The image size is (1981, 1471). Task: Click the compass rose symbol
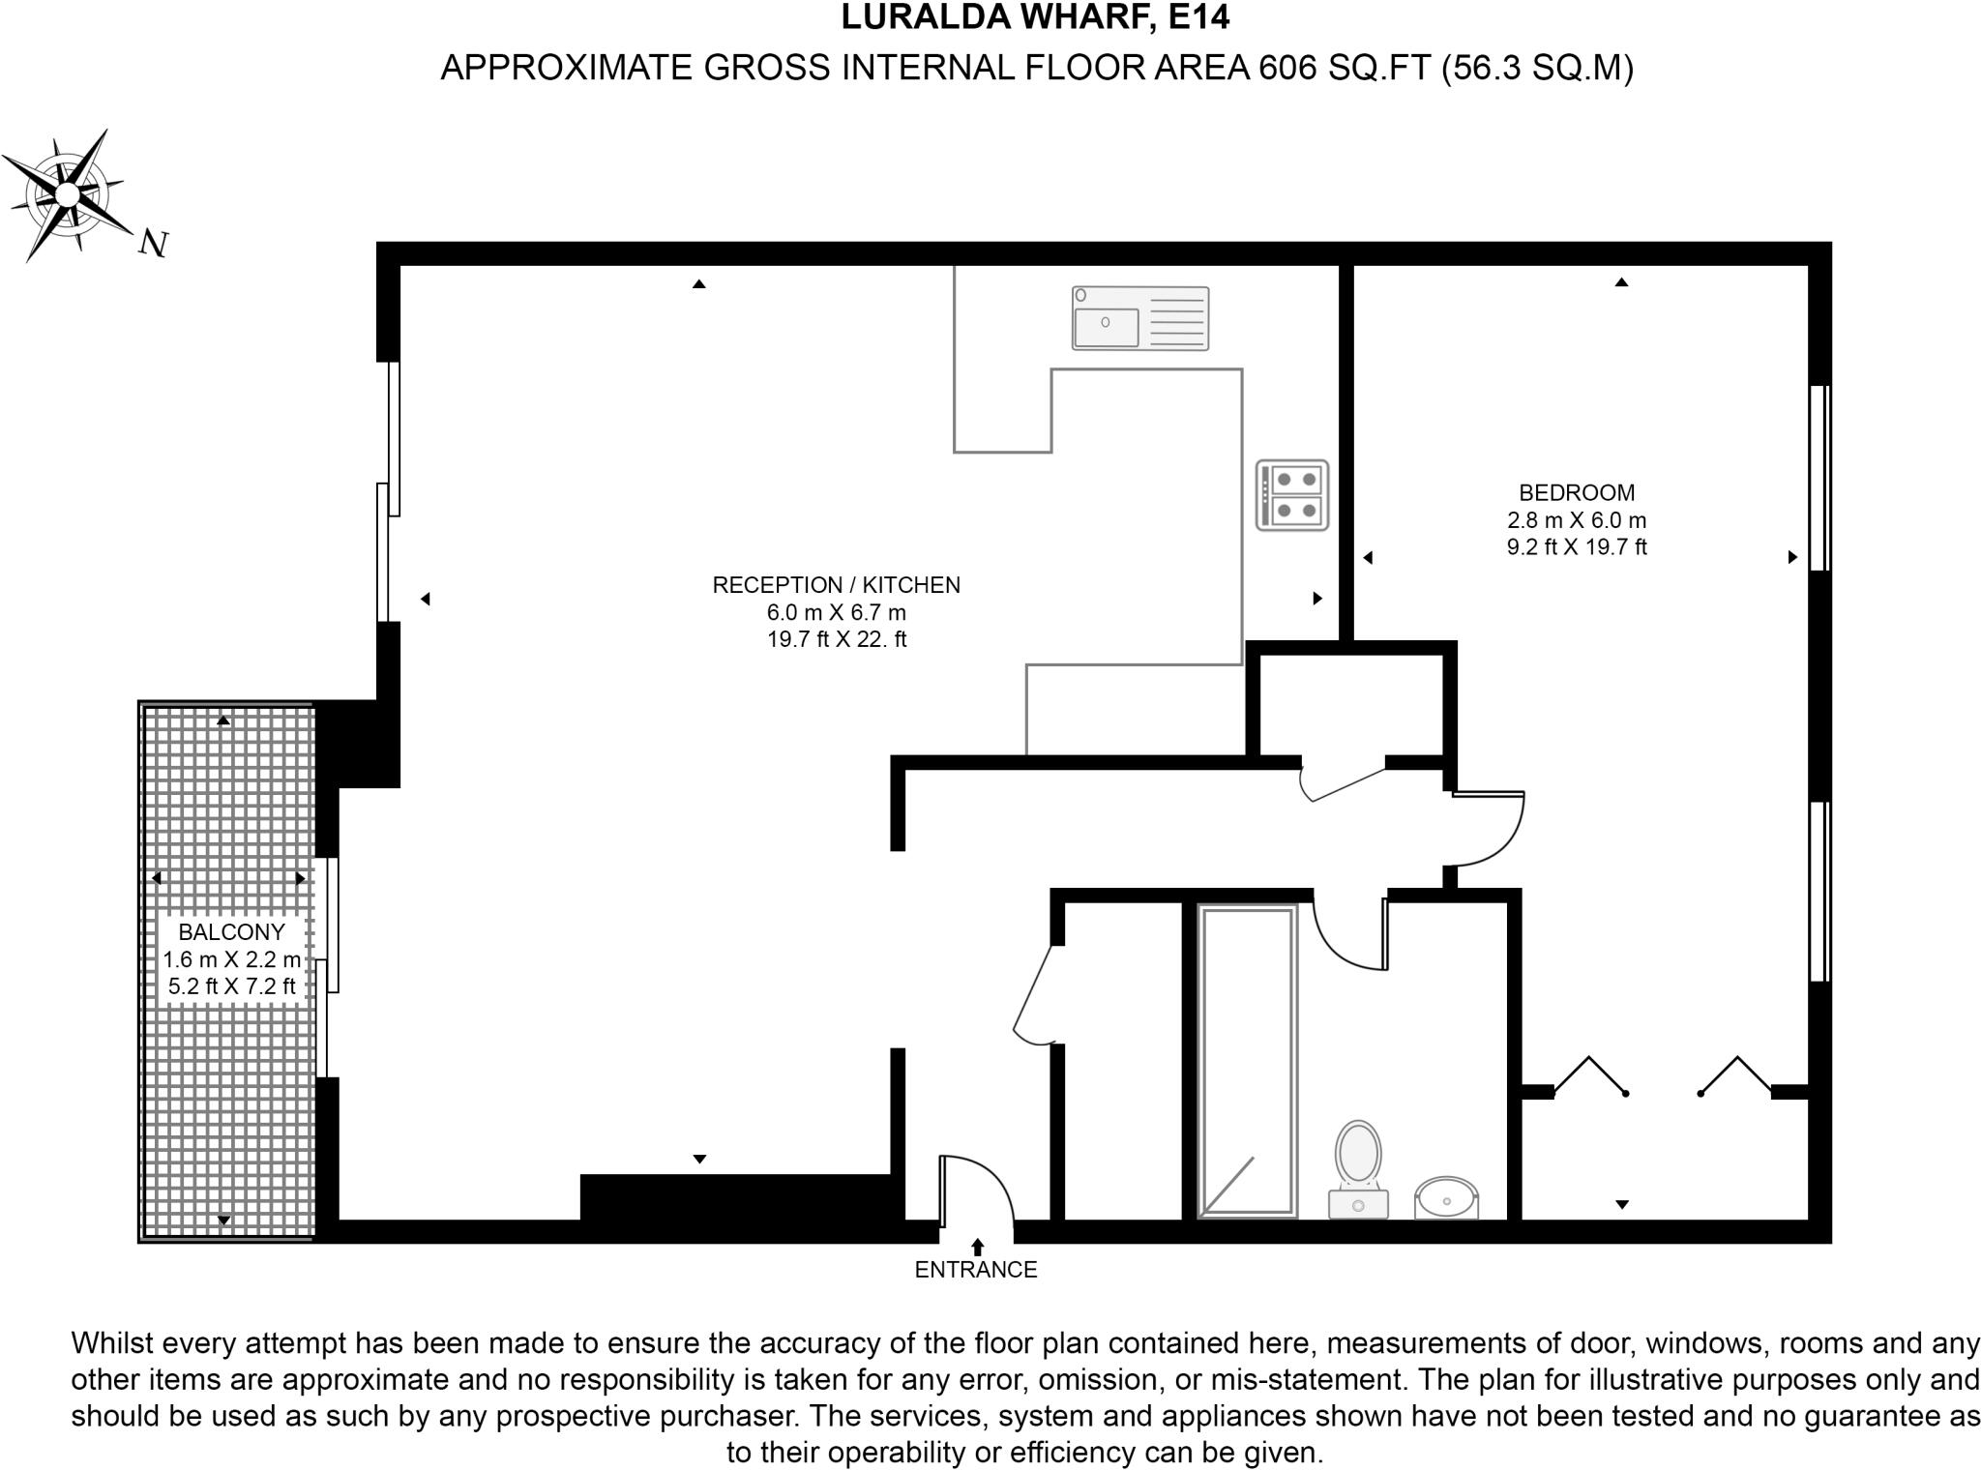point(67,194)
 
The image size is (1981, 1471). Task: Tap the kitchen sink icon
point(1139,318)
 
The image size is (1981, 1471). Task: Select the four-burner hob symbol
point(1292,495)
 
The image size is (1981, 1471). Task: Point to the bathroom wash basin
point(1447,1197)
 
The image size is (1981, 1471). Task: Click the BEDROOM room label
point(1576,492)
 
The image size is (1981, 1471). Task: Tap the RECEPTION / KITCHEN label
point(836,585)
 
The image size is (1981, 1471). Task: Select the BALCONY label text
point(231,932)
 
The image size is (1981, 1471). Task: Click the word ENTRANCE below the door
point(975,1270)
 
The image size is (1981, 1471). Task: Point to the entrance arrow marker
point(977,1247)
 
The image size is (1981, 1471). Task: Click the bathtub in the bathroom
point(1247,1060)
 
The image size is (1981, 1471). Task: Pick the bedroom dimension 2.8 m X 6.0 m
point(1576,520)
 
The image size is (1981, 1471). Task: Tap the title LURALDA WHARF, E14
point(1035,17)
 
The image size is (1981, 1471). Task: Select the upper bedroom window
point(1818,478)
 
